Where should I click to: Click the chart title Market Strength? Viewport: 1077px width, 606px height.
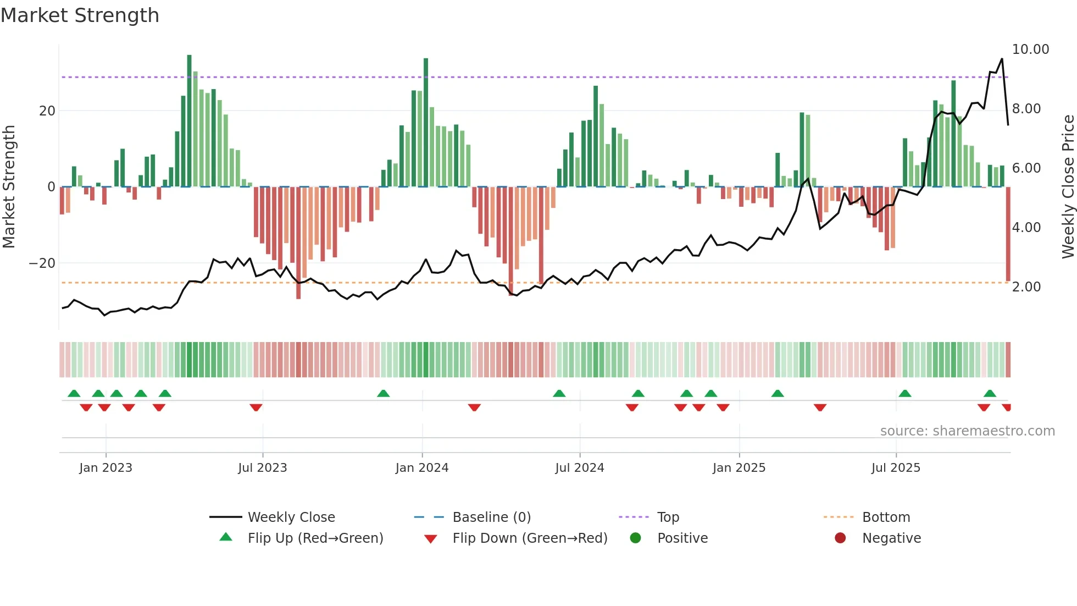(80, 15)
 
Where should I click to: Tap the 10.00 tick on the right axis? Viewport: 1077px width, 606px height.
(1030, 49)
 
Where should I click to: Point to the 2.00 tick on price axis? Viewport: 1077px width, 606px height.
(1026, 287)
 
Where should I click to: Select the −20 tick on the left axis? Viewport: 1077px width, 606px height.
(42, 263)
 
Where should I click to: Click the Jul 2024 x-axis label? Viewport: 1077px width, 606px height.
(579, 468)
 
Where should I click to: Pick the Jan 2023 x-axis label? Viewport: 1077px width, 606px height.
(106, 468)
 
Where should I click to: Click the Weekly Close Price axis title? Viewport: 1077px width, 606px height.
(1068, 187)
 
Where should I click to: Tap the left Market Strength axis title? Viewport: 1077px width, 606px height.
(9, 187)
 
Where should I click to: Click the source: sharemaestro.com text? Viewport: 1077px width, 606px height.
(967, 431)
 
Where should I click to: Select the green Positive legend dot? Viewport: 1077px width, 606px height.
(636, 538)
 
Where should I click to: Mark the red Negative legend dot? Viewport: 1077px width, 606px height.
(840, 538)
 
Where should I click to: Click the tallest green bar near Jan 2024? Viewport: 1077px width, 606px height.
(426, 121)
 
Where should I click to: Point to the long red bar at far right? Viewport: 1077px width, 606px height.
(1008, 234)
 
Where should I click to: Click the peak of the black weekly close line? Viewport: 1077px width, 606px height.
(1002, 59)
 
